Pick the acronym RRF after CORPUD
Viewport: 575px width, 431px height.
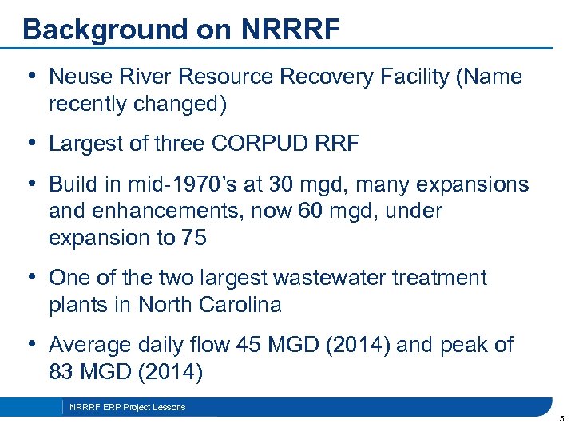coord(338,144)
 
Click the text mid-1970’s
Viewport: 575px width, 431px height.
coord(173,184)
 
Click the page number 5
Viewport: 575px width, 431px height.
coord(562,418)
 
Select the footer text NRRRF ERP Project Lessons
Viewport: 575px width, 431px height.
coord(128,407)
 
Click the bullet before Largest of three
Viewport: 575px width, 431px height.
coord(31,144)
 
